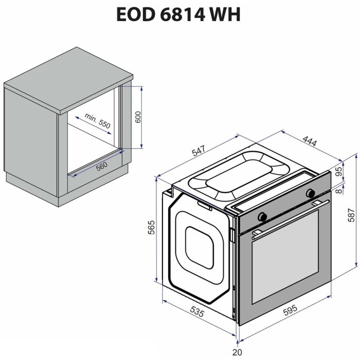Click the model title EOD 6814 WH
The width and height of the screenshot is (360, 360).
click(x=178, y=14)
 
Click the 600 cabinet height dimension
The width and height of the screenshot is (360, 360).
click(x=138, y=117)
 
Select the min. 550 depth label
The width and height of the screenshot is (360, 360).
click(x=98, y=121)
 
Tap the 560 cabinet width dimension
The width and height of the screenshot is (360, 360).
click(x=102, y=166)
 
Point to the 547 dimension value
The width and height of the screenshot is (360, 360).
click(x=199, y=151)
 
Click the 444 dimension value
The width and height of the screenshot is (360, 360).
click(x=310, y=141)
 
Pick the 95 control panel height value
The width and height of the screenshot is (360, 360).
click(x=338, y=171)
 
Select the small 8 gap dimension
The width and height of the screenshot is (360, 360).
click(x=339, y=190)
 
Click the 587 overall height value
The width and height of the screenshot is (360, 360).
click(x=351, y=215)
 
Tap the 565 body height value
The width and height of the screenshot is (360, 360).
click(x=152, y=227)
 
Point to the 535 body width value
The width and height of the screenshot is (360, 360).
click(x=197, y=312)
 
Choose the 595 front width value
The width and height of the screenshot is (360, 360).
click(x=290, y=310)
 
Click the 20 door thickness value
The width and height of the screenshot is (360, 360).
click(x=238, y=352)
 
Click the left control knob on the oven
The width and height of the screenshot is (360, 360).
click(x=262, y=217)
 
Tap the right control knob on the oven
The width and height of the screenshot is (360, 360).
click(x=311, y=193)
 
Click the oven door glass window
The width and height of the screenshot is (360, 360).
click(x=285, y=257)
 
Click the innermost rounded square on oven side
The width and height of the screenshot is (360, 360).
click(x=200, y=247)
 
